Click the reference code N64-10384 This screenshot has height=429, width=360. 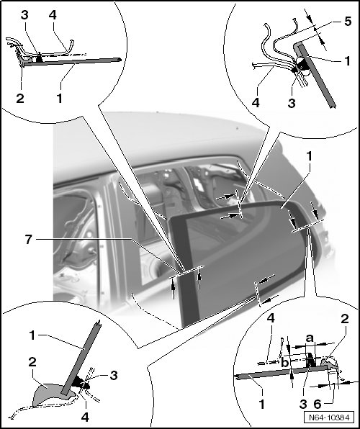click(329, 417)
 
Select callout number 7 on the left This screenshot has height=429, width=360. click(29, 240)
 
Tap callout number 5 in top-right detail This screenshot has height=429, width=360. click(348, 21)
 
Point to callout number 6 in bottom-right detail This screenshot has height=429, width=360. click(317, 404)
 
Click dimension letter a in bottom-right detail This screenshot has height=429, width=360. click(310, 338)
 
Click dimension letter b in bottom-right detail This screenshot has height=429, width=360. click(285, 363)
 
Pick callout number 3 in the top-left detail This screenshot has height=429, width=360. click(24, 15)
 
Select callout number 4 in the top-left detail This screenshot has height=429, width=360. click(53, 15)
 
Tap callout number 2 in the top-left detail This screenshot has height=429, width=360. click(20, 98)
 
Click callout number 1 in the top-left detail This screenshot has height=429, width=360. click(60, 98)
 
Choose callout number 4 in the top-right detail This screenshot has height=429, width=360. click(256, 103)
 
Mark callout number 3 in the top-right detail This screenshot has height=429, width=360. click(292, 103)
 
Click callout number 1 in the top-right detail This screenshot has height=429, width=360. click(347, 60)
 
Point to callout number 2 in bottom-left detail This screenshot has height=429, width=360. click(32, 362)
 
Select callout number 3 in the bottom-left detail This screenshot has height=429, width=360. click(114, 376)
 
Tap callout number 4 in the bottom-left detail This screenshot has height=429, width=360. click(85, 417)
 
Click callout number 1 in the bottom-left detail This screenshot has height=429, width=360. click(32, 335)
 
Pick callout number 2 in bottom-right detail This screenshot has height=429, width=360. click(344, 319)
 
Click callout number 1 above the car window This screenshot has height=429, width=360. click(310, 156)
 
